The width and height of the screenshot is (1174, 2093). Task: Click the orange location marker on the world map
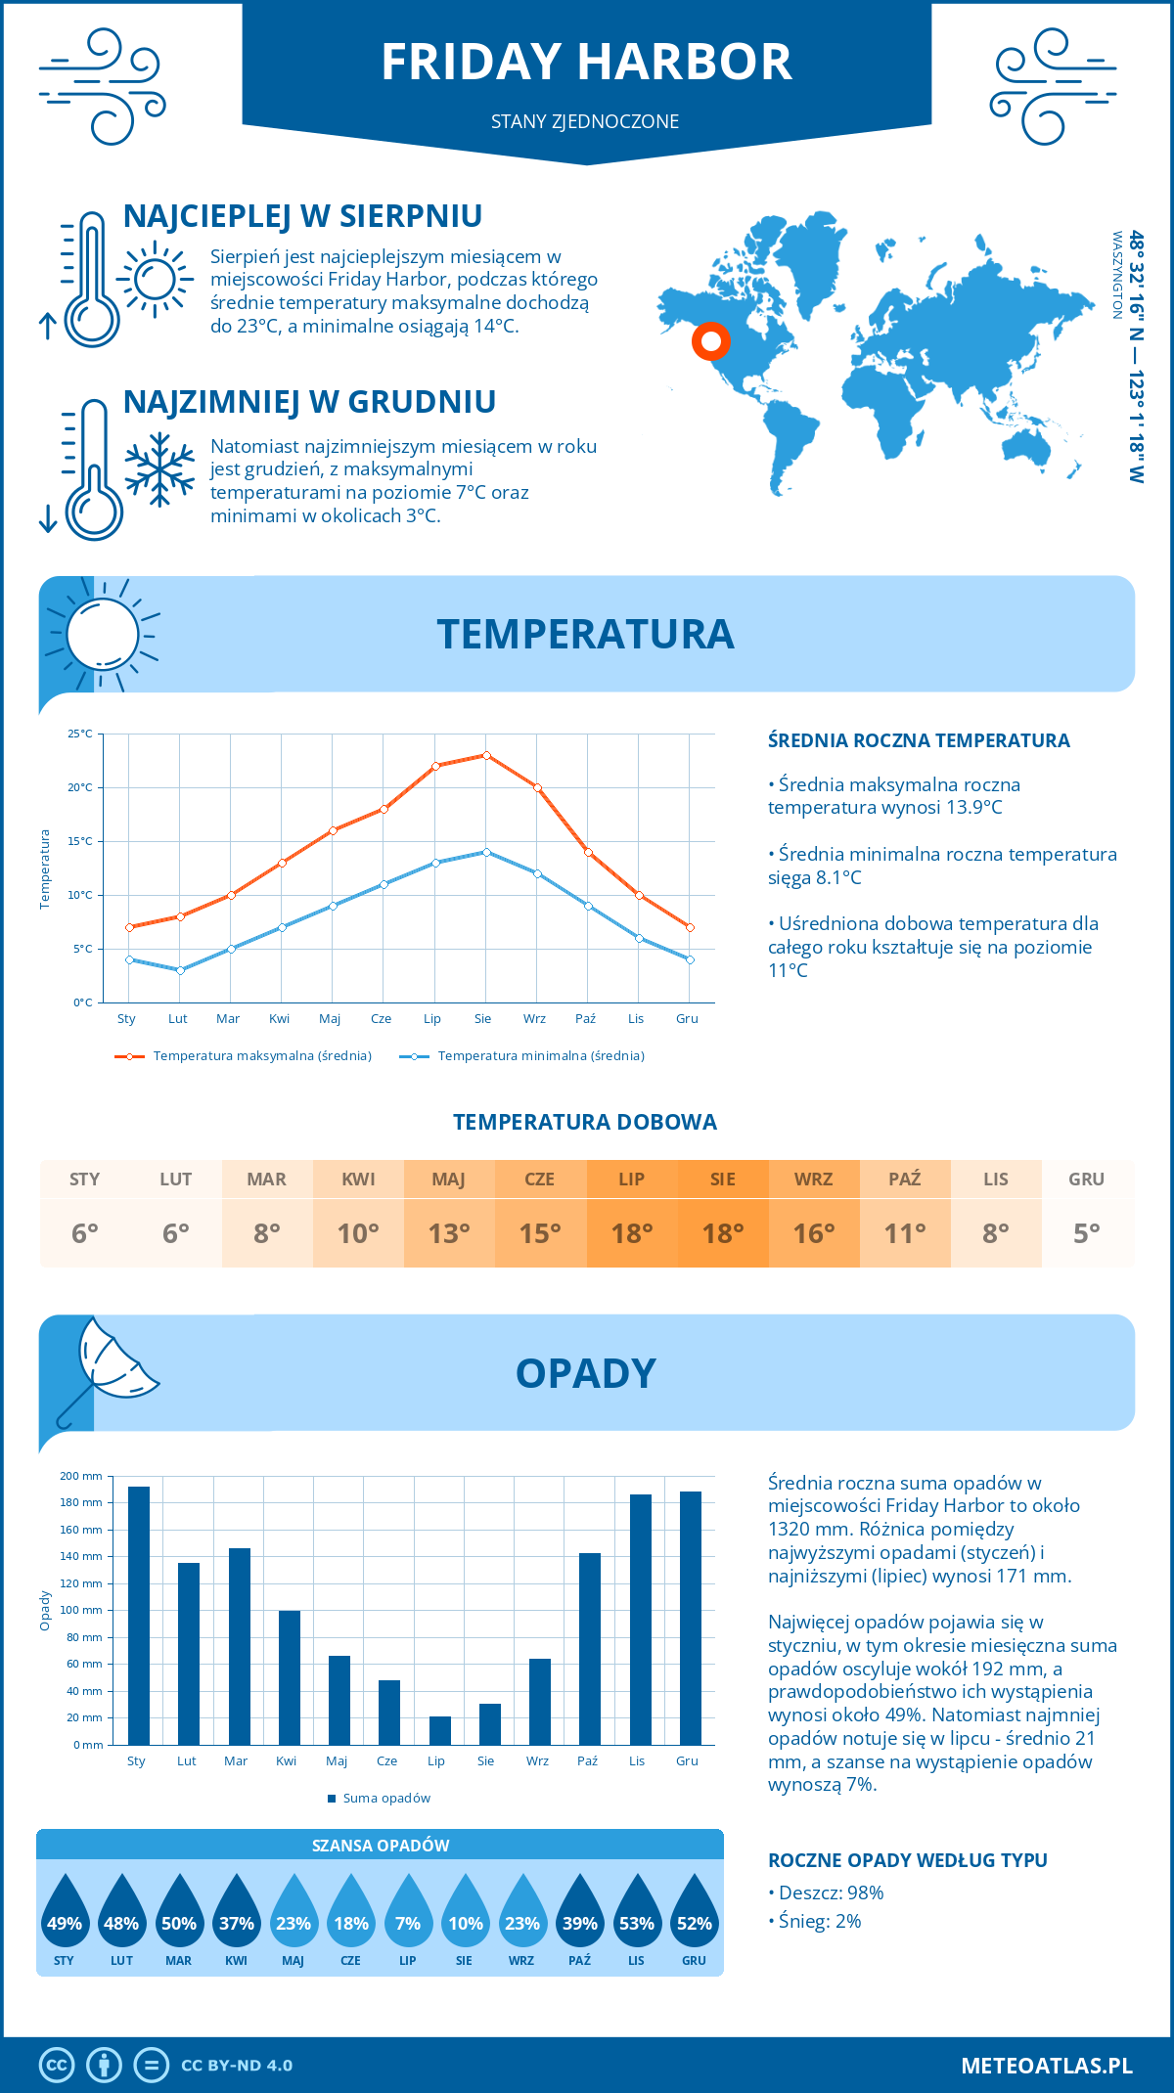click(710, 341)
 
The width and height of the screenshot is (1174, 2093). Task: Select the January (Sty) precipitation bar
click(139, 1616)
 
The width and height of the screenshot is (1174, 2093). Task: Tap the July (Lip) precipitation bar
click(440, 1730)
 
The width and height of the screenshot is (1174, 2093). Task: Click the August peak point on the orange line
click(486, 755)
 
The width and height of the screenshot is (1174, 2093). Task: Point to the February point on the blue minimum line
click(180, 970)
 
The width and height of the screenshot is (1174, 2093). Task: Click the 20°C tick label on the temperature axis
click(80, 787)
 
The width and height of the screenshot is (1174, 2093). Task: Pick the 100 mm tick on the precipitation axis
click(81, 1610)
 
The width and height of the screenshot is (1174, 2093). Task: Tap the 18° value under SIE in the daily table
click(723, 1233)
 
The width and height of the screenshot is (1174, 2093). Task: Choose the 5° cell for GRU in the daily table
click(1087, 1233)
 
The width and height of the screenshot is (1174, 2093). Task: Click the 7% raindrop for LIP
click(408, 1914)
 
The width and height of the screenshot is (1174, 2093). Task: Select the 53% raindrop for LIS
click(637, 1914)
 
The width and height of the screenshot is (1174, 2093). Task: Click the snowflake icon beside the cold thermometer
click(159, 469)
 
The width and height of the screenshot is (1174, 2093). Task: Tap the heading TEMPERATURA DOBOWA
click(585, 1123)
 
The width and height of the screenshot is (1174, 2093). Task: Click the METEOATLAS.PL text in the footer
click(1047, 2066)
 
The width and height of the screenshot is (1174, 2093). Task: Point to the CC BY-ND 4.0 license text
click(237, 2066)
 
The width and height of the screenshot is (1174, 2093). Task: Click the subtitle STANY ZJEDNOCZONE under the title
click(585, 121)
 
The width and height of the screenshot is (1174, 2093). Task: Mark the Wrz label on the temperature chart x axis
click(534, 1019)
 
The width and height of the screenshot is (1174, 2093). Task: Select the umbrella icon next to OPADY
click(106, 1368)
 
